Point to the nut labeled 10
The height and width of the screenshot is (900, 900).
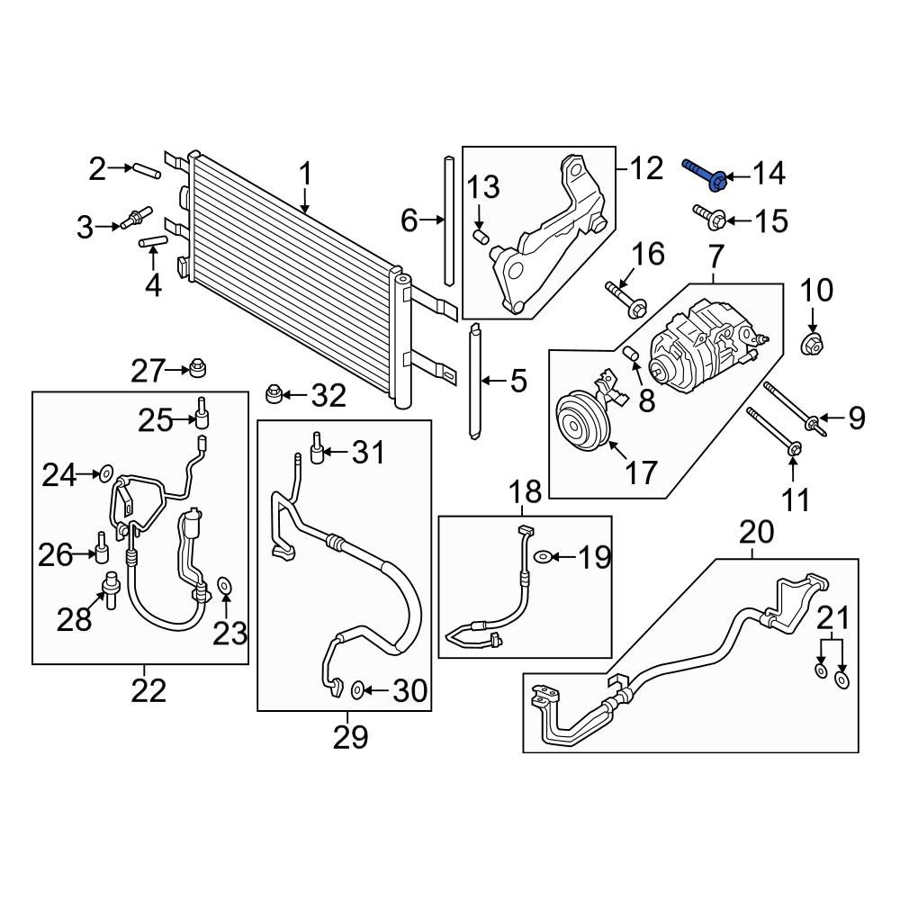tap(812, 343)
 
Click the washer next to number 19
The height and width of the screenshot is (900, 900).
tap(543, 556)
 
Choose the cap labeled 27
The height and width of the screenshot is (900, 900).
tap(198, 369)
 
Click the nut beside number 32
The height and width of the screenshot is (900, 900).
tap(274, 394)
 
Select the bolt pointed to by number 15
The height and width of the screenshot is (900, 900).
tap(709, 216)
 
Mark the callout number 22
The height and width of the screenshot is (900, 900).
tap(148, 690)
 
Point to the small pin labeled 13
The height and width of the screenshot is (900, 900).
tap(480, 236)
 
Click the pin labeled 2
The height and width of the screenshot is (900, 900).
tap(147, 171)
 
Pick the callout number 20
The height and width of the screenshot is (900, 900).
tap(756, 532)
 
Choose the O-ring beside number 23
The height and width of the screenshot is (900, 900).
tap(224, 586)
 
